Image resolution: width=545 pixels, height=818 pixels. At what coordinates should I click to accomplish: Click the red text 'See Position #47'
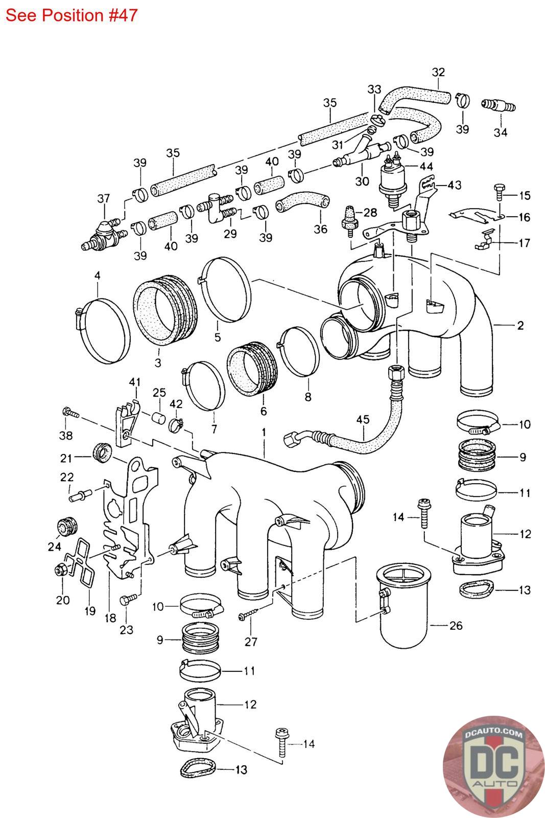point(72,15)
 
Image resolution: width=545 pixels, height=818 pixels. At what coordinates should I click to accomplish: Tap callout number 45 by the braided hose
point(363,419)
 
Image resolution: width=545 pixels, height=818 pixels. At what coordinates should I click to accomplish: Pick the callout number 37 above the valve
point(104,198)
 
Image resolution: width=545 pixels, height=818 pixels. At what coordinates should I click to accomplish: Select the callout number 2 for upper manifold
point(520,325)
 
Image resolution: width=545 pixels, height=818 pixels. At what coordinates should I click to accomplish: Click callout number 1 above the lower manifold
point(264,433)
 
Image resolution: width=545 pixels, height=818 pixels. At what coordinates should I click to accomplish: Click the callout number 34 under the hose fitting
point(501,132)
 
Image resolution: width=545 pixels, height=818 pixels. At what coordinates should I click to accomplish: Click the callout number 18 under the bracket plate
point(110,618)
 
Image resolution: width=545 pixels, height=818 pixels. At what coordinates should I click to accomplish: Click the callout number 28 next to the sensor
point(370,212)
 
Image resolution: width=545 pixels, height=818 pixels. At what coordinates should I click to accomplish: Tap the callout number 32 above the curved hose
point(438,72)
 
